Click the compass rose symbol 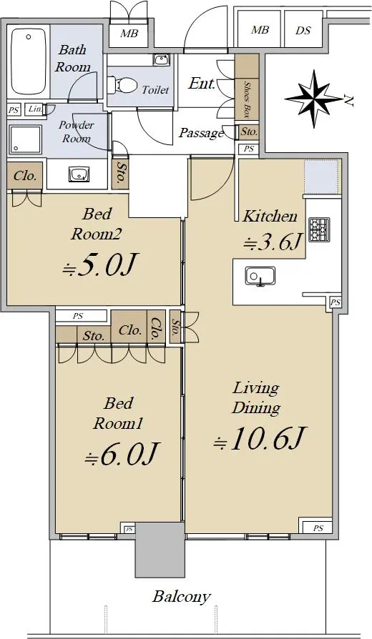click(313, 98)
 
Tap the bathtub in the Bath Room click(29, 61)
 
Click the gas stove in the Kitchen click(319, 230)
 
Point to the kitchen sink click(260, 277)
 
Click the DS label click(303, 30)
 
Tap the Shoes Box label click(247, 100)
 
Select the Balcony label click(182, 597)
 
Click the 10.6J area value click(259, 438)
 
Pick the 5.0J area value click(99, 265)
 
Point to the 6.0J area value click(121, 454)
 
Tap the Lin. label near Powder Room click(35, 109)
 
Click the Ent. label click(202, 84)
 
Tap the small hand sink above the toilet click(161, 60)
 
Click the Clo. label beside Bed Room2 click(25, 176)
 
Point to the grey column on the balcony click(160, 550)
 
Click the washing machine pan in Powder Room click(25, 139)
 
